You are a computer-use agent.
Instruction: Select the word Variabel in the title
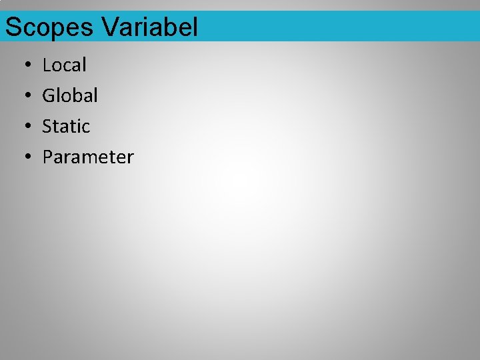(150, 27)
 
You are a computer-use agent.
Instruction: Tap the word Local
(65, 65)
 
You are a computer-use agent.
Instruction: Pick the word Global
(70, 96)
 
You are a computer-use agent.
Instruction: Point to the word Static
(66, 127)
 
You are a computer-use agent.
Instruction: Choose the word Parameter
(88, 157)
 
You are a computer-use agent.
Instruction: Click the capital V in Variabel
(111, 27)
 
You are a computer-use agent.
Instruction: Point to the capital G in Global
(48, 96)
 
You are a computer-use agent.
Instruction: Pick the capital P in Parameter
(47, 157)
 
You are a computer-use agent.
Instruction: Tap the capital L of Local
(47, 65)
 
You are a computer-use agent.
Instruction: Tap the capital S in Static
(47, 127)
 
